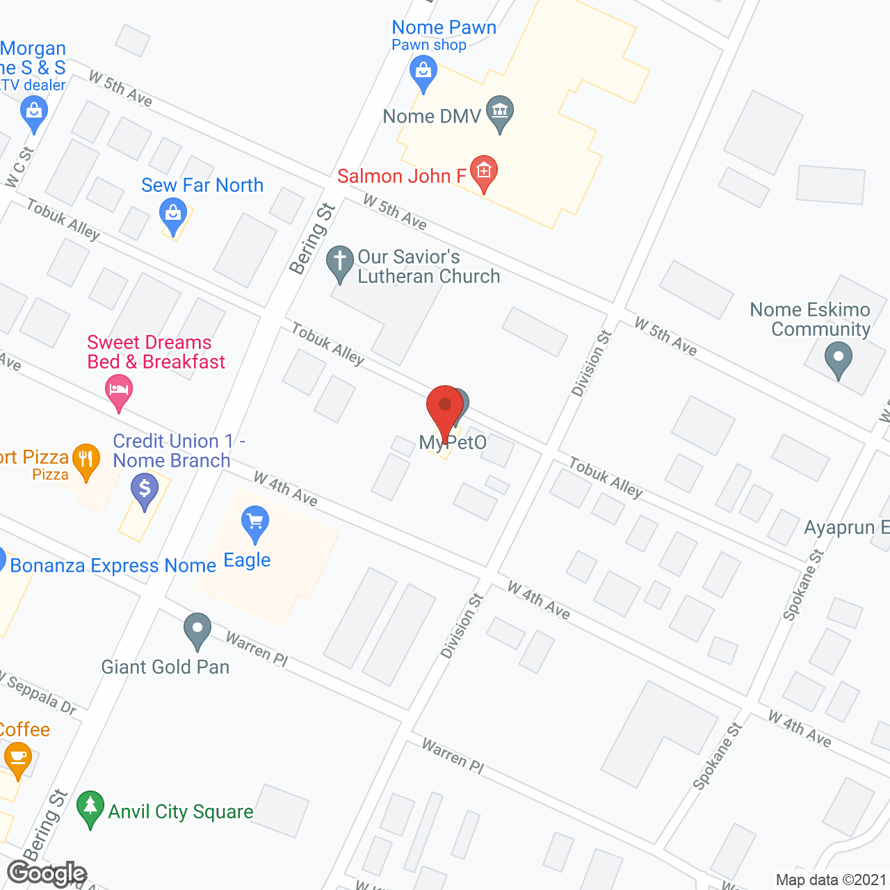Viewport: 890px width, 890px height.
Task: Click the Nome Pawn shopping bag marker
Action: coord(423,72)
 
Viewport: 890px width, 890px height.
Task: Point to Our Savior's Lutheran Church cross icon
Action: coord(340,262)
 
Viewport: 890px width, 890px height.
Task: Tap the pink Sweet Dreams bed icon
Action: coord(119,391)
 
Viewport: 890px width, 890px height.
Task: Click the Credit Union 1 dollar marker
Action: coord(145,488)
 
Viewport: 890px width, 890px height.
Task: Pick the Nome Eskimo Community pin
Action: coord(838,359)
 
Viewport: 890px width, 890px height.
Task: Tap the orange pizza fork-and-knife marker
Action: coord(86,460)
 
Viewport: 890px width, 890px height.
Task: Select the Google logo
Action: coord(47,873)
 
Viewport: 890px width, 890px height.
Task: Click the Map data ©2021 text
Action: coord(831,880)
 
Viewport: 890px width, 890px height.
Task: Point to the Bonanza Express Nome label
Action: coord(113,566)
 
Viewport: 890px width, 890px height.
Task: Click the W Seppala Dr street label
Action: coord(40,693)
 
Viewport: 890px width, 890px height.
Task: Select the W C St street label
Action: coord(19,168)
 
